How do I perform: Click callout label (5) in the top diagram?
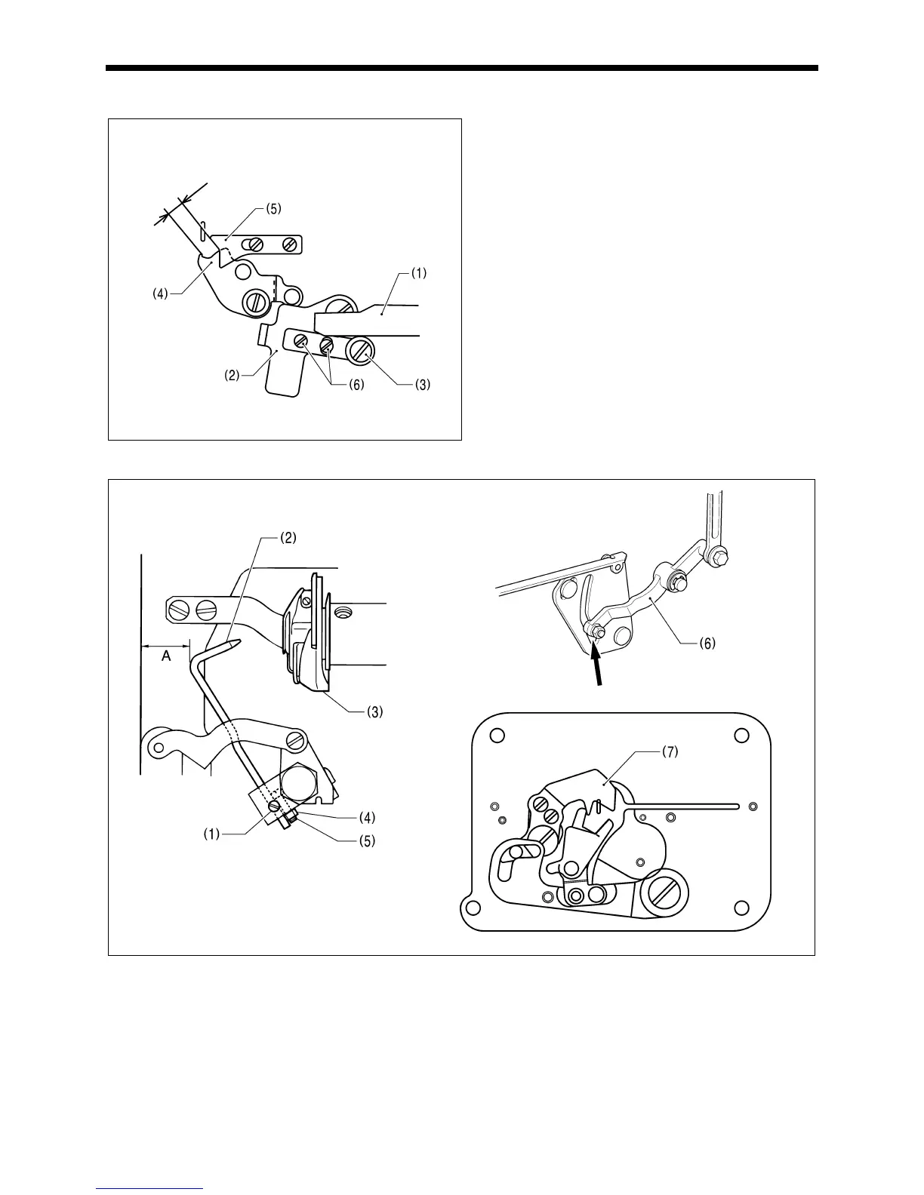(x=273, y=209)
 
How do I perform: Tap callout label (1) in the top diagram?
(x=418, y=274)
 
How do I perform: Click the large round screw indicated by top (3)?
(x=360, y=351)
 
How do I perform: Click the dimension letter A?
(x=165, y=657)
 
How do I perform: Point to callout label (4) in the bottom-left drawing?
(x=365, y=816)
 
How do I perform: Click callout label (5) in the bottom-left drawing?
(x=365, y=838)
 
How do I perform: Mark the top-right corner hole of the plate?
(x=741, y=736)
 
